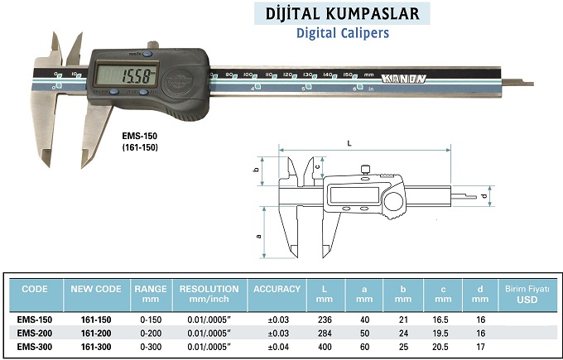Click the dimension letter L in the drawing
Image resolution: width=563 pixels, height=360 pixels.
point(349,143)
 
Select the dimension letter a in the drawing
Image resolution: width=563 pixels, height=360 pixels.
point(260,236)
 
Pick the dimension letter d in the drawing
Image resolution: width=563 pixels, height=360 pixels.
point(483,196)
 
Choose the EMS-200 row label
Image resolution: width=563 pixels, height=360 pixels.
point(36,332)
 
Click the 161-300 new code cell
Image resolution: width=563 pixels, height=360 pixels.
point(96,346)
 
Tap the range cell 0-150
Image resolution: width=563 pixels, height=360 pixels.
point(150,318)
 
